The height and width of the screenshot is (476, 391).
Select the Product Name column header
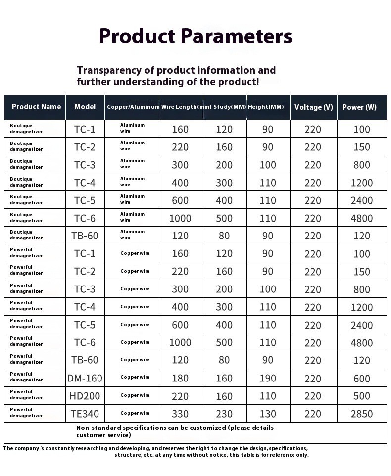(x=36, y=107)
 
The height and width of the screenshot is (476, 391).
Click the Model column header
(x=85, y=107)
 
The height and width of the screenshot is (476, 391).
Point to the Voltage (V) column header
(x=313, y=107)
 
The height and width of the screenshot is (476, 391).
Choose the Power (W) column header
(x=359, y=107)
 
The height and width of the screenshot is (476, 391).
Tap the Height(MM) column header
(x=266, y=107)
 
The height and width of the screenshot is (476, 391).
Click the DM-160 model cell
(x=85, y=379)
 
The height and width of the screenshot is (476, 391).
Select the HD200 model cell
(x=85, y=396)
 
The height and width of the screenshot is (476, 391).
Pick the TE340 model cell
(x=85, y=414)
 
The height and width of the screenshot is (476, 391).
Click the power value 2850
(x=362, y=414)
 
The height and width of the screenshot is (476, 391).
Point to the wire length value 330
(x=180, y=414)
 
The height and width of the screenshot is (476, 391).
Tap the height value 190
(x=268, y=379)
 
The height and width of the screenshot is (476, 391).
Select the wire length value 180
(x=180, y=379)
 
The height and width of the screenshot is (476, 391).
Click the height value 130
(x=268, y=414)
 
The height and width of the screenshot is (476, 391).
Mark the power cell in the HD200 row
(x=362, y=396)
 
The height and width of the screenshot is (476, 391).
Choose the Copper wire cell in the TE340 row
(x=135, y=413)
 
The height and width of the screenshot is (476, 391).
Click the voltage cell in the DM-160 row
(x=313, y=379)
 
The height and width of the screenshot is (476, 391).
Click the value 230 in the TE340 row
(x=224, y=414)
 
